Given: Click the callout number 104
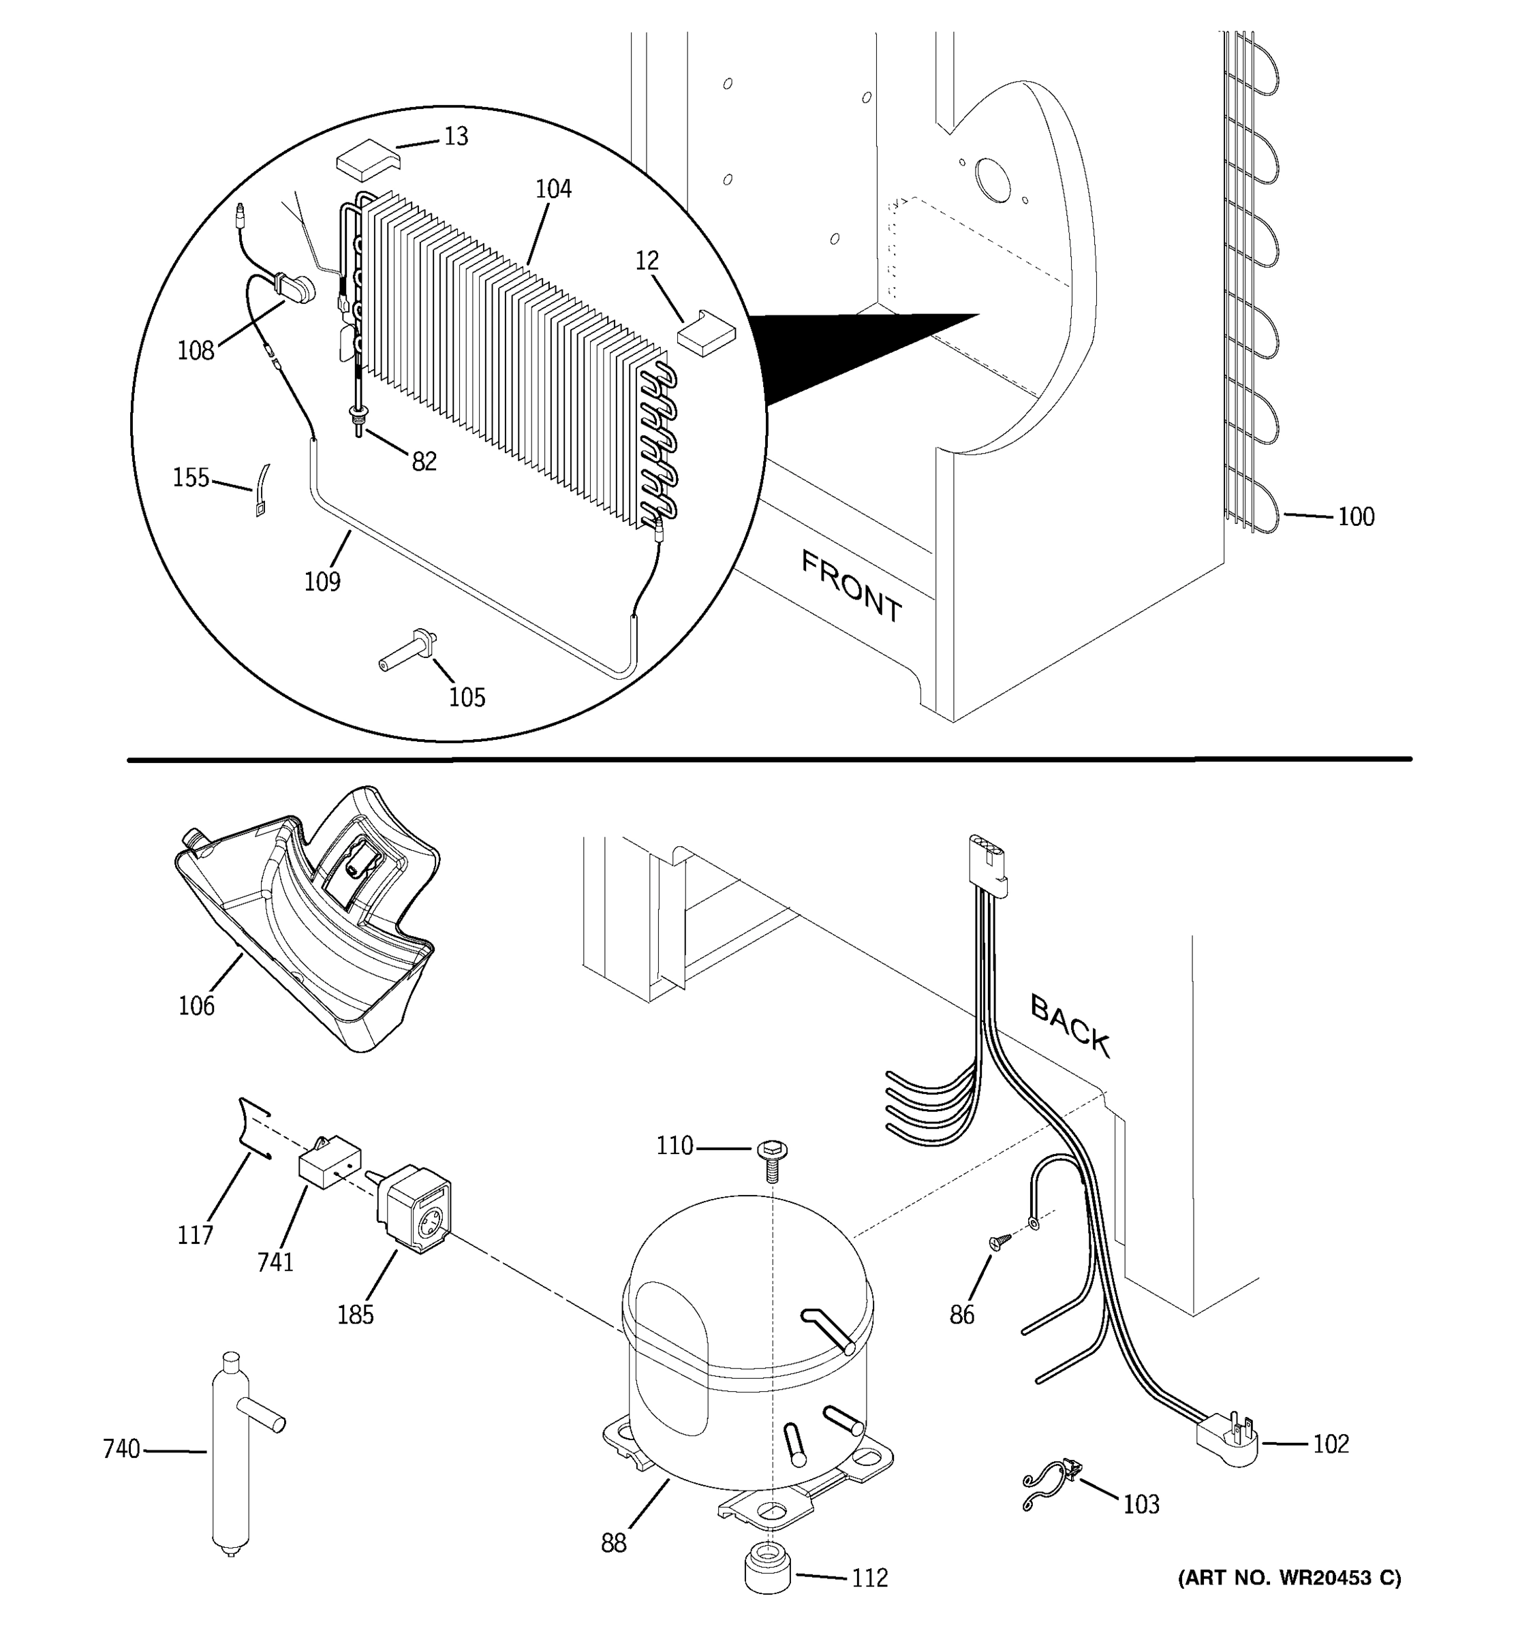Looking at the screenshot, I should (x=553, y=189).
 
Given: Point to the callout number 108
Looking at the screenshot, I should (x=196, y=351).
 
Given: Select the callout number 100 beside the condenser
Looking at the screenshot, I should (x=1356, y=516).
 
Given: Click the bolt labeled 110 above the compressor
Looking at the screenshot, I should (x=771, y=1159).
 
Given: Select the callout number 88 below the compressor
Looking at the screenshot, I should (x=613, y=1543).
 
